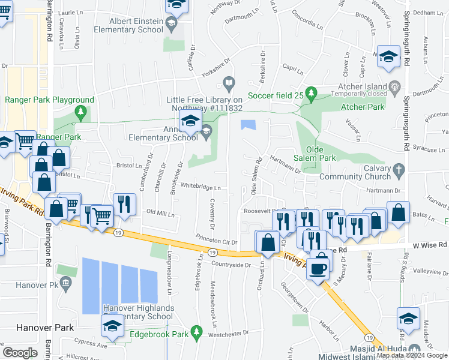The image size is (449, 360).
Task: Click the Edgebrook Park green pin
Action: [196, 332]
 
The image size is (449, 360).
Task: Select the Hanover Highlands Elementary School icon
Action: [112, 326]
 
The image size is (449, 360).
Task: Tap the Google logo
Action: [20, 352]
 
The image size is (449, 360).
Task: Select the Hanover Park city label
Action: [37, 328]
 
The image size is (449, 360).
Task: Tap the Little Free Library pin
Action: [229, 82]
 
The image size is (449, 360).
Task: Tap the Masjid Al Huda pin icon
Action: [412, 349]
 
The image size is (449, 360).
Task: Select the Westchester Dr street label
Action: [229, 332]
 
